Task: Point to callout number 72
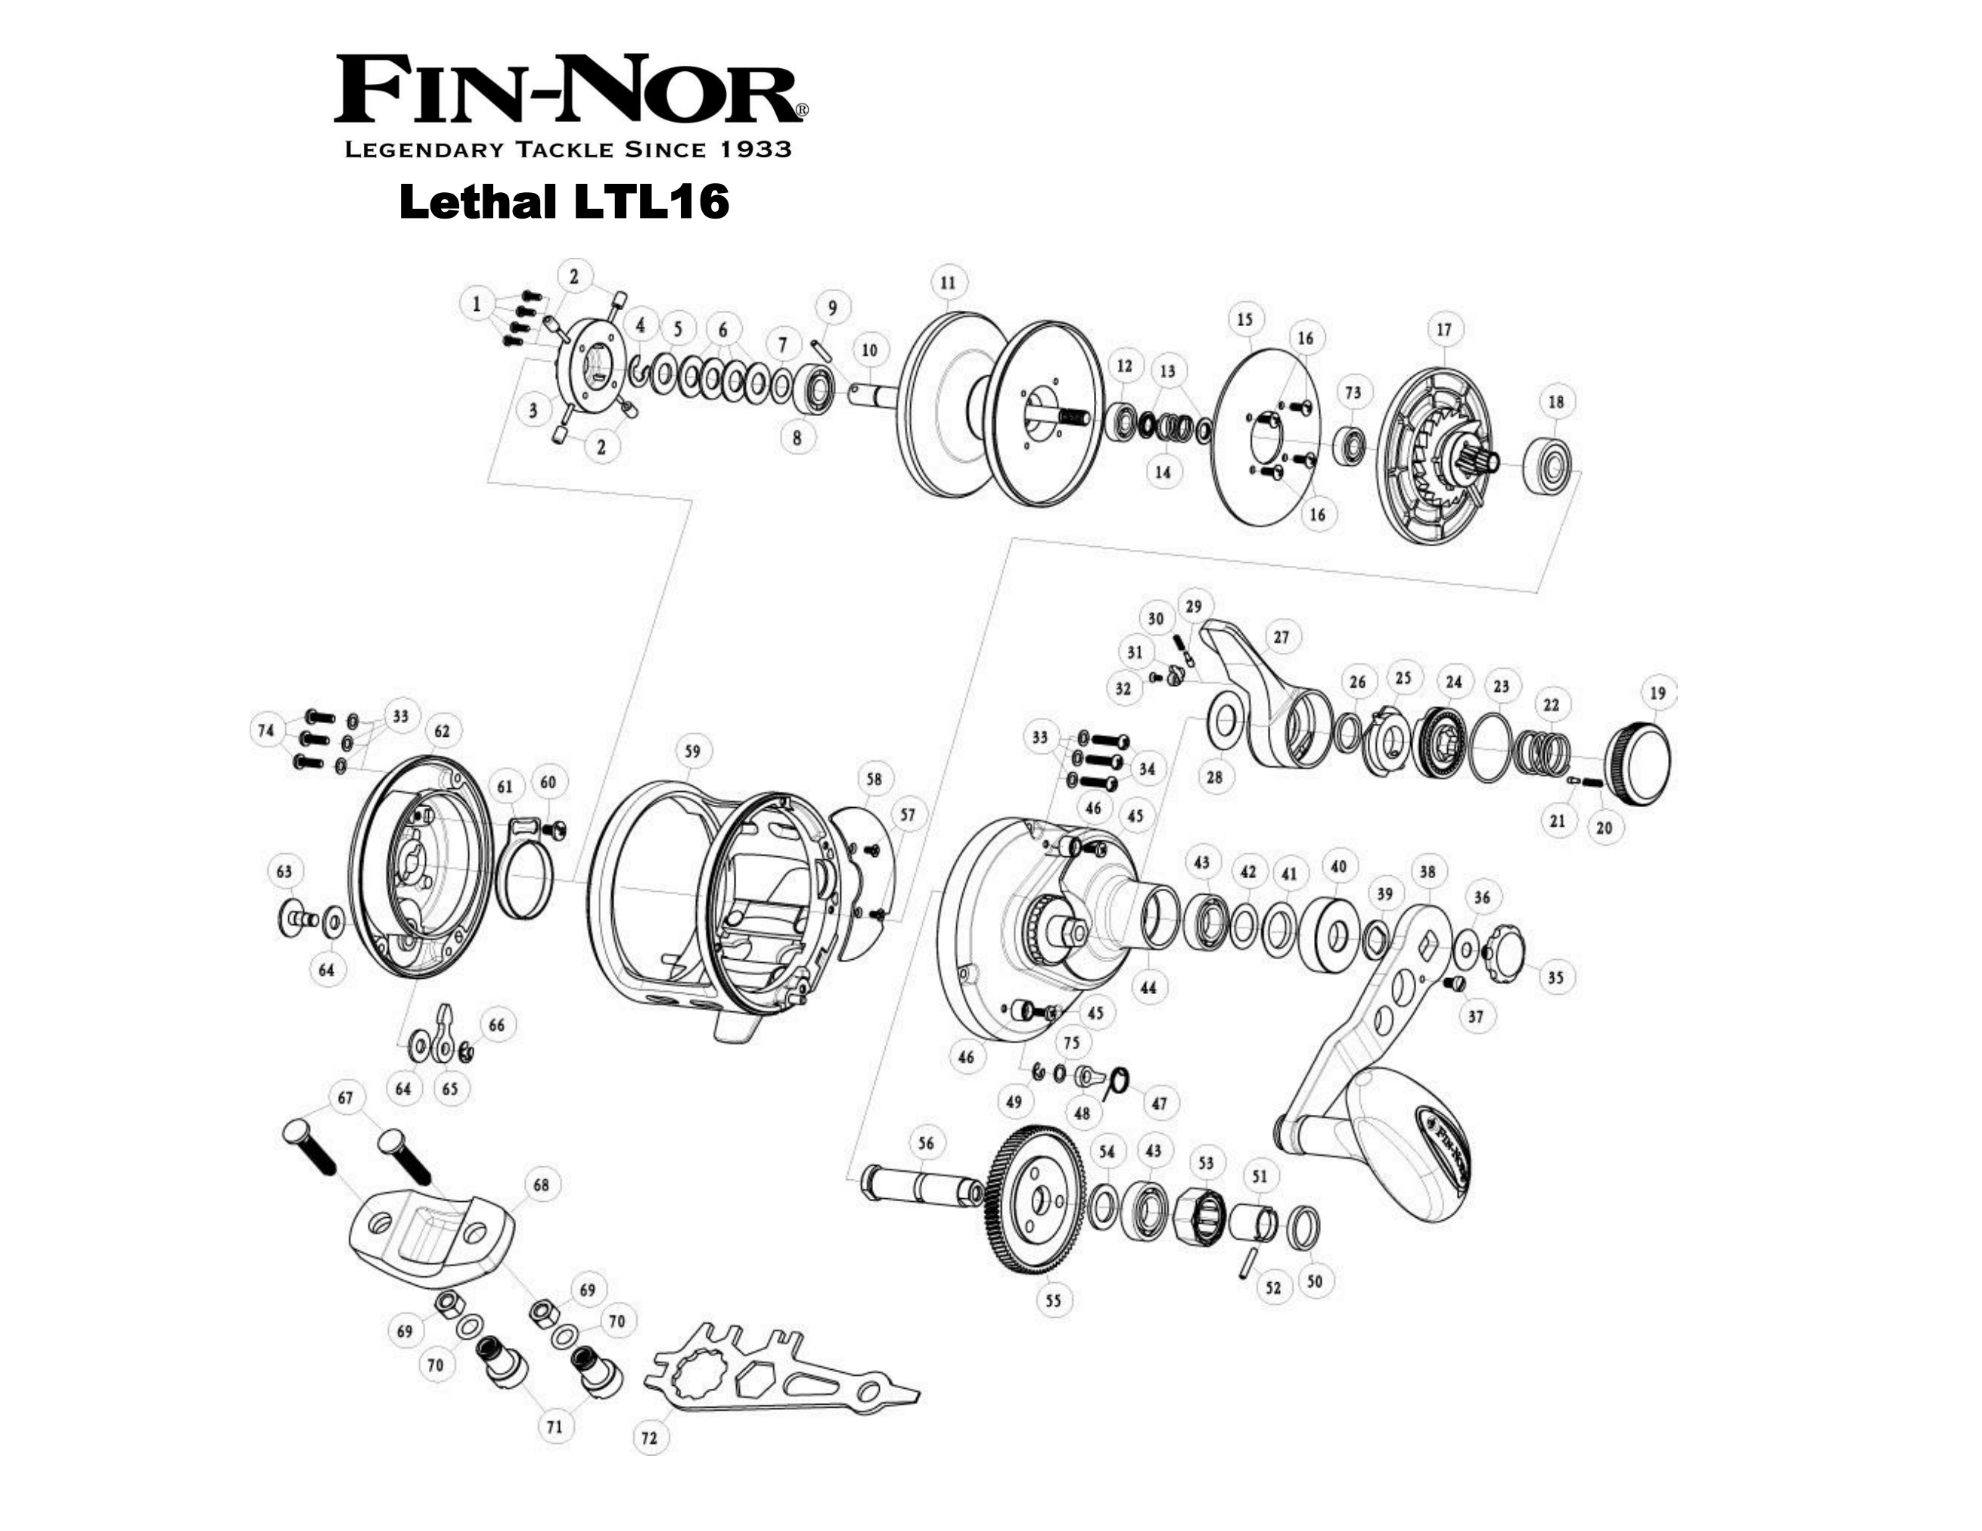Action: (649, 1437)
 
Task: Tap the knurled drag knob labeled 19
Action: (1639, 753)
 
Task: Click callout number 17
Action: (1444, 330)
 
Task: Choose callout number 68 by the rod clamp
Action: (541, 1185)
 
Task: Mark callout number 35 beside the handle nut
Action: (1555, 977)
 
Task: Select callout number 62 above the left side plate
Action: (442, 731)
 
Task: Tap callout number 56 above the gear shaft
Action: (926, 1144)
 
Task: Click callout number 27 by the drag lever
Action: (1281, 637)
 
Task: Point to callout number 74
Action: (266, 730)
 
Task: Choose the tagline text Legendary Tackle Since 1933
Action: (568, 150)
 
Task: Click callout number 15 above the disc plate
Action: (1244, 319)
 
